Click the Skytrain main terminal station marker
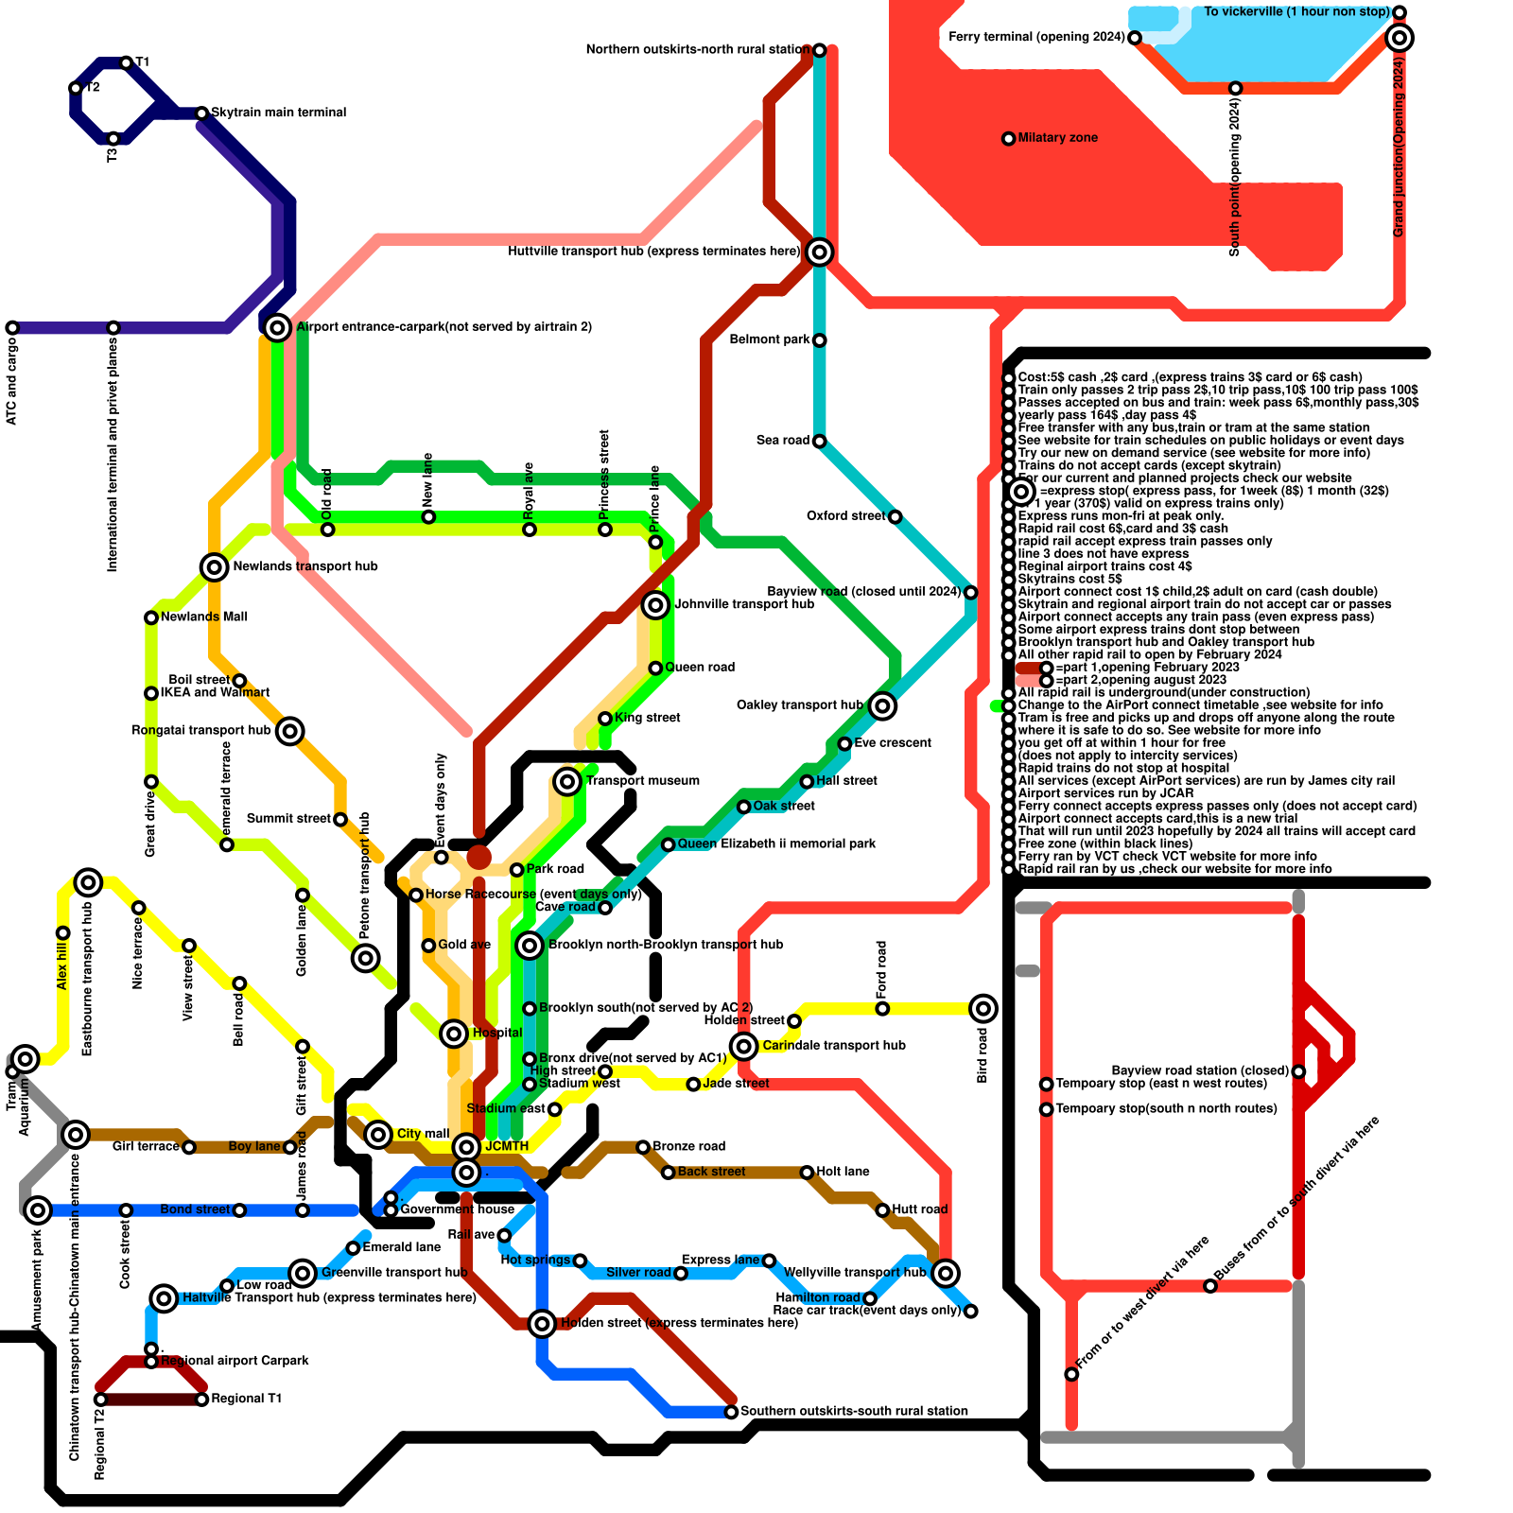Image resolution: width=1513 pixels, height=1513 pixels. (201, 113)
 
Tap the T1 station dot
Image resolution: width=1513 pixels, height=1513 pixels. (126, 63)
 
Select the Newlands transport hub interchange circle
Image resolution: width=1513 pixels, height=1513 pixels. (215, 566)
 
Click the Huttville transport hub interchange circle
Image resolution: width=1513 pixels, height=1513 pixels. (820, 252)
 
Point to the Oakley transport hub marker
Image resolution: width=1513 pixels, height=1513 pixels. (882, 705)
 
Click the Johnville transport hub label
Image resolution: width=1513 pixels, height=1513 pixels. (743, 604)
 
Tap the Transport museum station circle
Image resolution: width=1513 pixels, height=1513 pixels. (567, 781)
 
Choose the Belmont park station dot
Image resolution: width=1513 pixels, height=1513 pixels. (820, 340)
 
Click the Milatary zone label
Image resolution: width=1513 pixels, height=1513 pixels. (1057, 138)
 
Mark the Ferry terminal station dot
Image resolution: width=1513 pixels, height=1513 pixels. (1135, 38)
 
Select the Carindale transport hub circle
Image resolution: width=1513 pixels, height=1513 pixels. (744, 1046)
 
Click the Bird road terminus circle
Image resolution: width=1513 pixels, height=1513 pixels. (983, 1008)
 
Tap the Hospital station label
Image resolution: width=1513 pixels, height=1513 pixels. (496, 1033)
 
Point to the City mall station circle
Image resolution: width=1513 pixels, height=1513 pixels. (378, 1134)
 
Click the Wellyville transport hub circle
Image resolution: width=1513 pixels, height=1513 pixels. (946, 1273)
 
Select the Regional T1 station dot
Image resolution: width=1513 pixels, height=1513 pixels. (201, 1400)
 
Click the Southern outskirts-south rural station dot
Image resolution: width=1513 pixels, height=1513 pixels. (731, 1412)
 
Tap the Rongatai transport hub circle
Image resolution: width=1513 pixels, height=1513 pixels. (290, 731)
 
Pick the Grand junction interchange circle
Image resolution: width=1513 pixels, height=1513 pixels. (1400, 38)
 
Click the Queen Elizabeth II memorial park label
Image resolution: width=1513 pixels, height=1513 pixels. (776, 844)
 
